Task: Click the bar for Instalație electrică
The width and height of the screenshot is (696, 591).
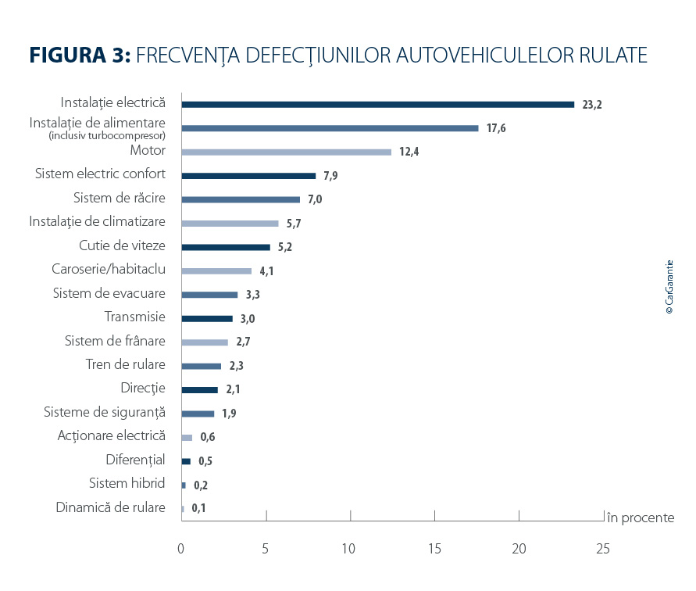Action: pos(377,104)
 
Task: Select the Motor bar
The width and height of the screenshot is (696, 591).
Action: pos(286,152)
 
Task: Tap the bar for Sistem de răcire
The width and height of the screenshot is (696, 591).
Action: pos(241,199)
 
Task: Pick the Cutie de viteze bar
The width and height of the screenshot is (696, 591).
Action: pos(226,247)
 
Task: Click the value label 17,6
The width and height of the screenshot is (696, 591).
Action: pos(496,128)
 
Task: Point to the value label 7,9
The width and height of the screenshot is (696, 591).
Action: pos(331,176)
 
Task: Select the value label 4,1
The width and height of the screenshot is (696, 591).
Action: pos(267,271)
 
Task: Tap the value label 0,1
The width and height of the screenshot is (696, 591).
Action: pos(198,509)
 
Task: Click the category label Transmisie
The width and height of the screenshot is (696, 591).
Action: pos(135,317)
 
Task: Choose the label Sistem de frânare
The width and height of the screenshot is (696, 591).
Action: pos(115,341)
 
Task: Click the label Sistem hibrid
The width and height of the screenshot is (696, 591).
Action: pos(127,483)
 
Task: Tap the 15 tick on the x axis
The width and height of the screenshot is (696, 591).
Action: pos(434,548)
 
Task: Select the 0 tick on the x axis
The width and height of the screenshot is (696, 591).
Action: pos(181,548)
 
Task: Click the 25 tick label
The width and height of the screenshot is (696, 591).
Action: pos(602,548)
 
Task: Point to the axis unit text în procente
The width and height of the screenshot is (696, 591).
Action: pos(641,518)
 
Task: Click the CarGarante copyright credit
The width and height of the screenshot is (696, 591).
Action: pos(669,287)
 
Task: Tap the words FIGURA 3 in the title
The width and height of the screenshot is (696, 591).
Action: pos(79,56)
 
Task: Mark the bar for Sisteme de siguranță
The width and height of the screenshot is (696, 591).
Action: pos(198,414)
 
